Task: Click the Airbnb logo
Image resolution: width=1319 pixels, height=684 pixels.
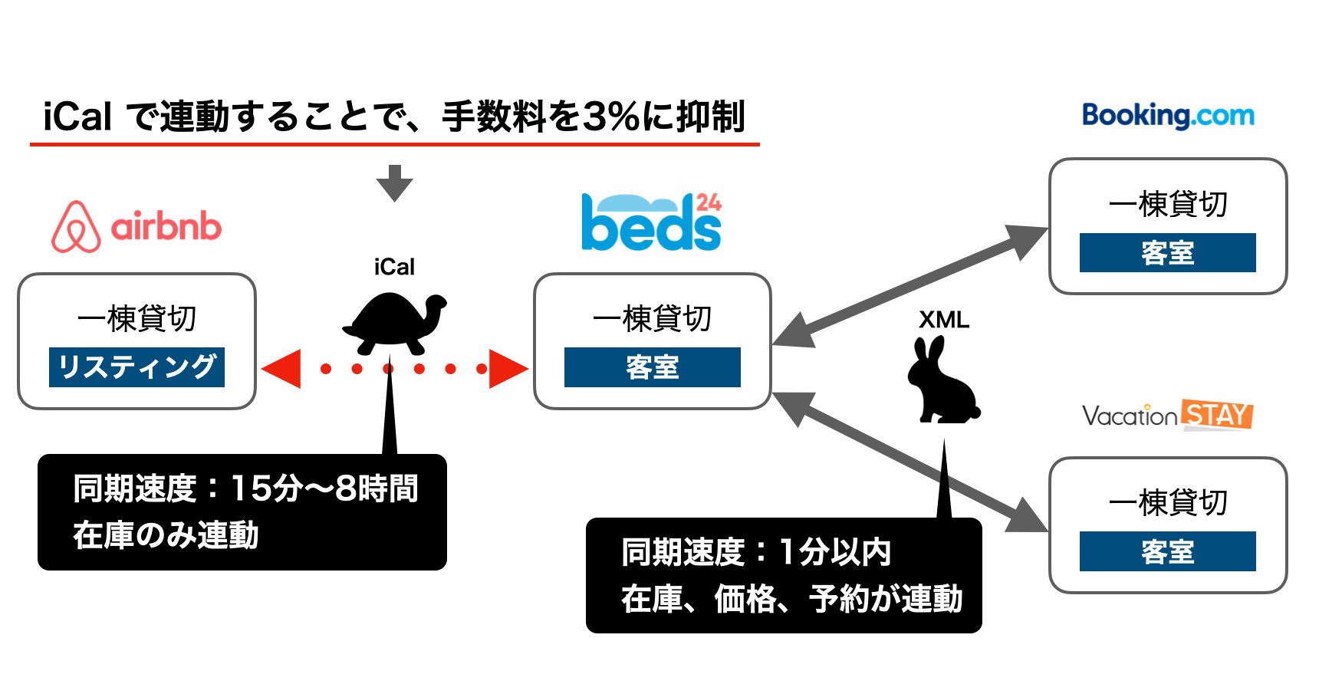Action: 137,226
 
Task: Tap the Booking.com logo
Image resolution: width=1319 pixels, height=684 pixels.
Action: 1168,116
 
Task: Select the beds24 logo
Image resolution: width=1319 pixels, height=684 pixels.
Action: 652,222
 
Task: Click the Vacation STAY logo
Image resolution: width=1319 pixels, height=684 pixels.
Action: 1167,415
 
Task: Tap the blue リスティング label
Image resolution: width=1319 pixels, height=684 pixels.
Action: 137,367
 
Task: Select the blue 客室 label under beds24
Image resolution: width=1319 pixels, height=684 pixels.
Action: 653,367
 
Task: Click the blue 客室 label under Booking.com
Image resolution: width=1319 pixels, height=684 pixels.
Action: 1168,252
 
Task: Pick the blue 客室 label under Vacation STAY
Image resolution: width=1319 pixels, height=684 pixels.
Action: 1168,551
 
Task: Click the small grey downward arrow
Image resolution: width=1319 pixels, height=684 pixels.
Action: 394,183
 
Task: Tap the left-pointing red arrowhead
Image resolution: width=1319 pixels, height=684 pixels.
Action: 281,369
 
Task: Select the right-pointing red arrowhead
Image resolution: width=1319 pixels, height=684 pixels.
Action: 509,369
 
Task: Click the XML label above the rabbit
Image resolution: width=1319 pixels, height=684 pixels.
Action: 944,320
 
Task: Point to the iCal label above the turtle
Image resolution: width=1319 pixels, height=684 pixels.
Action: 394,267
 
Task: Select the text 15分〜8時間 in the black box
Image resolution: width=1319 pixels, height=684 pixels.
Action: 324,488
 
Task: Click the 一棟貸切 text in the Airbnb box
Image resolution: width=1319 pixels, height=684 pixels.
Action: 137,317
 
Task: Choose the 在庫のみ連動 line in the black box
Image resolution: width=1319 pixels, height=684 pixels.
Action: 166,535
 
